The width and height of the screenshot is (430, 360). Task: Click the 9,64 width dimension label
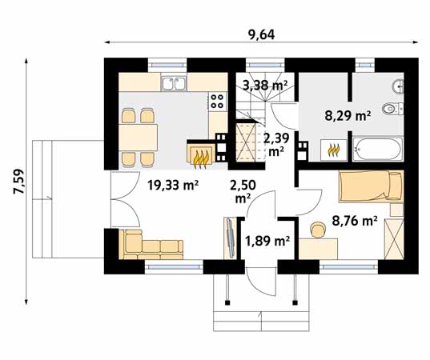(261, 34)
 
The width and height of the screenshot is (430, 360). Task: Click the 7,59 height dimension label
(19, 182)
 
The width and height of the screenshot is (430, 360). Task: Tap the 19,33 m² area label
(173, 186)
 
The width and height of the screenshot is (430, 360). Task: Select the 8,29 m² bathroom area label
(348, 116)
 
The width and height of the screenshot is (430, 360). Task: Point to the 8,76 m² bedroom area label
(355, 221)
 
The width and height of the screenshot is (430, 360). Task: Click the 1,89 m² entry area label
(267, 241)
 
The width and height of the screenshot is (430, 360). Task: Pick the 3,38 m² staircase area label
(265, 86)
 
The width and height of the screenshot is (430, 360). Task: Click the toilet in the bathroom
(392, 109)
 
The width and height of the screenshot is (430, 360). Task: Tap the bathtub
(378, 150)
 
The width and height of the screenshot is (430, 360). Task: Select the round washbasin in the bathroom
(398, 87)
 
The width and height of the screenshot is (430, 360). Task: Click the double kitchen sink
(174, 83)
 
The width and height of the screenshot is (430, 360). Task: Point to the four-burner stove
(219, 102)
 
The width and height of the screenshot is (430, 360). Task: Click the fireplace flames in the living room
(200, 160)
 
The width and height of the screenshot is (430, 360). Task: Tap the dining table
(139, 138)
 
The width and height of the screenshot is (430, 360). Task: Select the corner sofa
(151, 245)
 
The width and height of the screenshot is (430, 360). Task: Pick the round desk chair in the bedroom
(318, 230)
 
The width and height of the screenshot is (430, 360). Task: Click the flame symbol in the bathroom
(334, 150)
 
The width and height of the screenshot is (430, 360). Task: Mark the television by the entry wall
(230, 238)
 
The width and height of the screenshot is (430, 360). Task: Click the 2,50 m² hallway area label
(243, 192)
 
